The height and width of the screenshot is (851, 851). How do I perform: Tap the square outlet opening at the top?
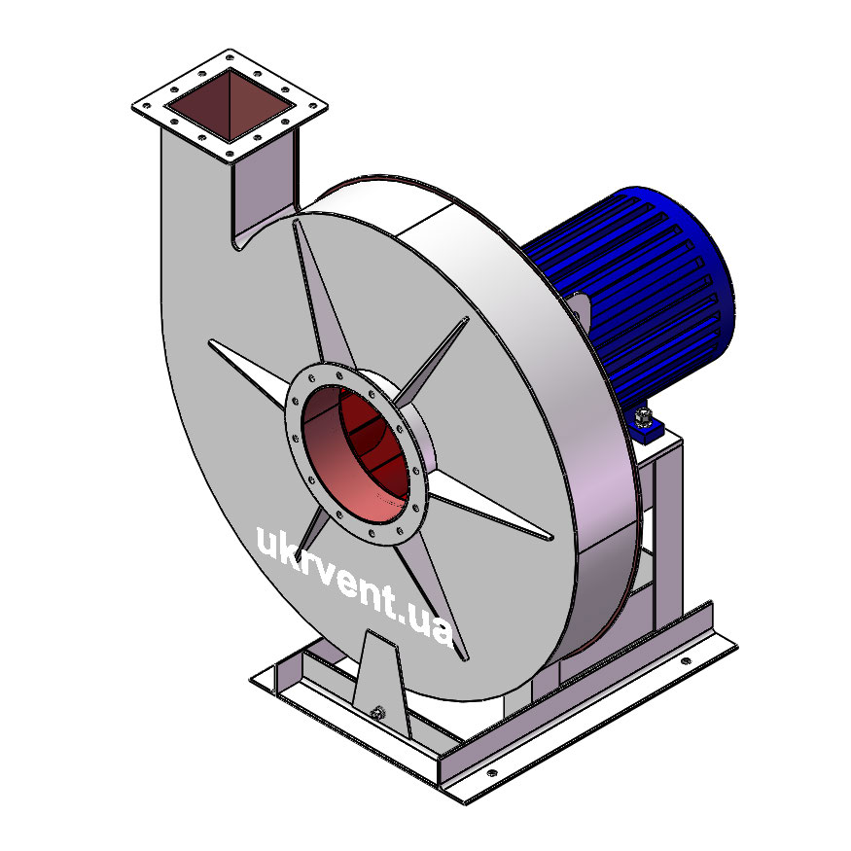coord(230,105)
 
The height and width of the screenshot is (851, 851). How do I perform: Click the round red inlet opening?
coord(356,453)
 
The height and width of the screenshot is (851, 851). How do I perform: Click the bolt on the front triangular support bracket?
coord(377,713)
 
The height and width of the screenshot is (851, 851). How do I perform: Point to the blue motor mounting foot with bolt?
coord(648,425)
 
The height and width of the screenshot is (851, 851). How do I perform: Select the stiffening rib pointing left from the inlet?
coord(248,372)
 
